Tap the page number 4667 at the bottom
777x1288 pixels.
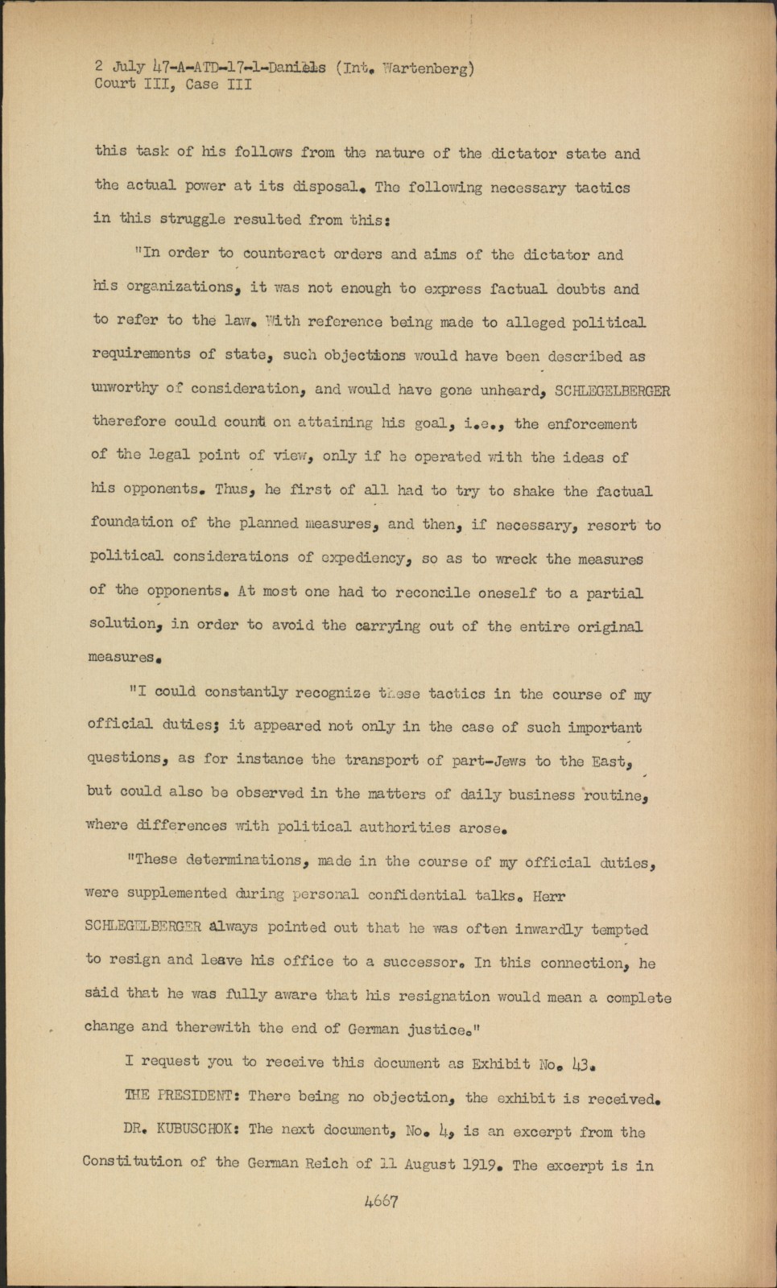[382, 1201]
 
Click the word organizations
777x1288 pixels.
[178, 287]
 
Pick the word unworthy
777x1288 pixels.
[125, 388]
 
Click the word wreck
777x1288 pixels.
[515, 559]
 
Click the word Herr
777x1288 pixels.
[549, 896]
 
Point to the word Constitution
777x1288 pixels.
[132, 1162]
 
